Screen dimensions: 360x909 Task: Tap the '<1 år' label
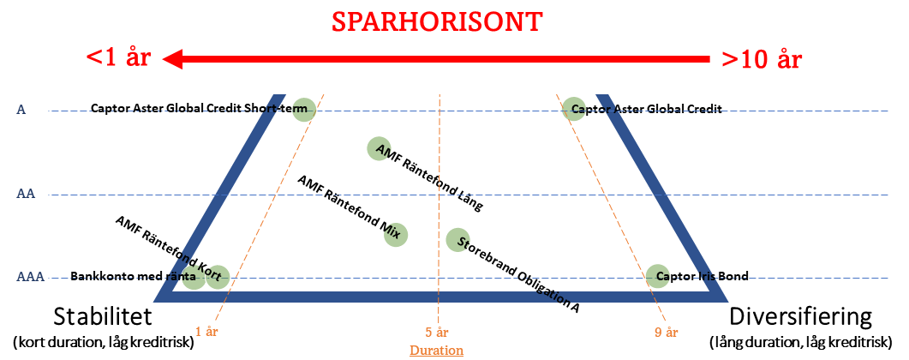click(118, 59)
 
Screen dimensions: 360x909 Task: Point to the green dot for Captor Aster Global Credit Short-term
click(304, 110)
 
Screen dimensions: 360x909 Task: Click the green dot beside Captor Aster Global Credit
click(573, 109)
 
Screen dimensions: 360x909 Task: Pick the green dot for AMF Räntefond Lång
click(379, 148)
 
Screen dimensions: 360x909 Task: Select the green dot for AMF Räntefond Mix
click(395, 234)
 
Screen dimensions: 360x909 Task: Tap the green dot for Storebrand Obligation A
click(457, 239)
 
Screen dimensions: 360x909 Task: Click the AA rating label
click(25, 195)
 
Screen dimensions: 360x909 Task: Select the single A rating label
click(21, 110)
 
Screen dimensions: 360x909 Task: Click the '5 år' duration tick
click(437, 333)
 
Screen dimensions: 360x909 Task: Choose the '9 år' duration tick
click(666, 333)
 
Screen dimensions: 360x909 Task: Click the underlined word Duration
click(436, 350)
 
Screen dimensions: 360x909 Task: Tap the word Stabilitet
click(103, 317)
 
